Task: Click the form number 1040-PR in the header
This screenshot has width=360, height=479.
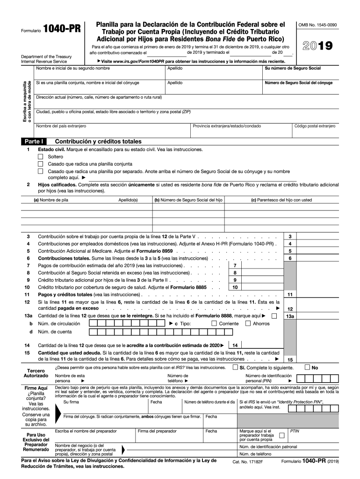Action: [x=62, y=29]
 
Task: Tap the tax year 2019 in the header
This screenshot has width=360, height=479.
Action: [x=318, y=46]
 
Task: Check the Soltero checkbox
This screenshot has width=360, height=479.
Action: [x=40, y=157]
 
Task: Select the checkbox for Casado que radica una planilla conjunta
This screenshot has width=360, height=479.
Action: [x=40, y=164]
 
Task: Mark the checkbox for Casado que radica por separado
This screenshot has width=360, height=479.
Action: [x=40, y=172]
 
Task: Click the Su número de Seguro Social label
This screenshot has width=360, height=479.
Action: [x=293, y=68]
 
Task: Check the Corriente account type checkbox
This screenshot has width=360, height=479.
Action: [x=214, y=323]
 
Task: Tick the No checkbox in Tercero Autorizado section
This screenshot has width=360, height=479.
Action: [x=307, y=367]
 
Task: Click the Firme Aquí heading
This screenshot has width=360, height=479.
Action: [x=36, y=388]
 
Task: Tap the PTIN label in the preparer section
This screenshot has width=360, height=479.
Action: [x=295, y=430]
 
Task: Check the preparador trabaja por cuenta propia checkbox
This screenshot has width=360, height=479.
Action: [x=281, y=435]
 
